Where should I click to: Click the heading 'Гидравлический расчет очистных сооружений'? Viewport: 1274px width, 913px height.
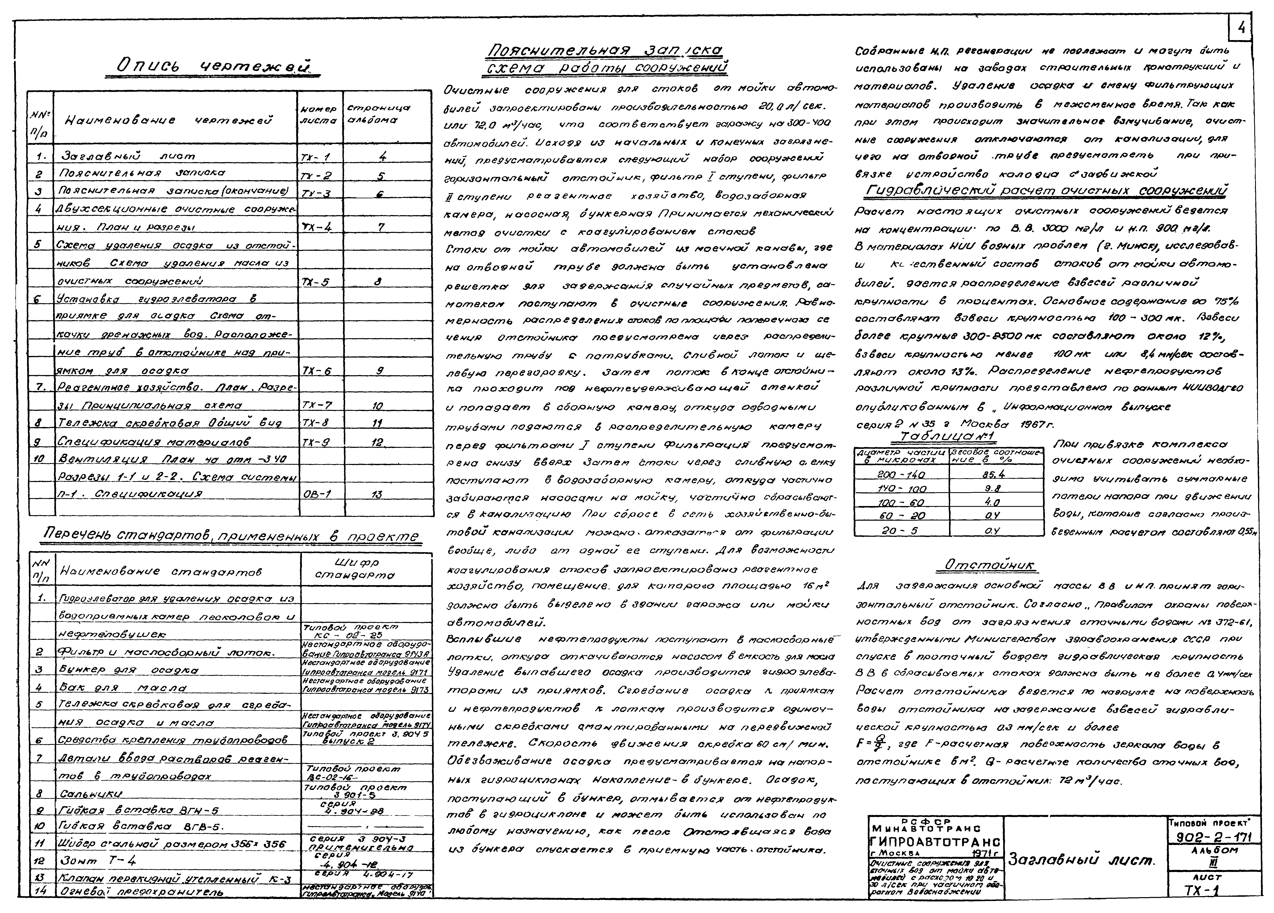click(1045, 191)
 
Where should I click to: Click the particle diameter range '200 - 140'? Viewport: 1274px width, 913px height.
click(901, 474)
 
